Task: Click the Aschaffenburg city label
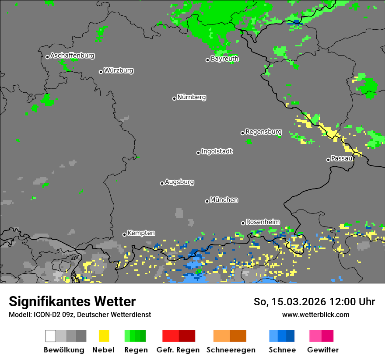(x=72, y=56)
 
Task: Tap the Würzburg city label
(x=119, y=71)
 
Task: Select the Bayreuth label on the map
(x=224, y=59)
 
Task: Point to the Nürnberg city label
(x=192, y=98)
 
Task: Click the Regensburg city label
(x=263, y=132)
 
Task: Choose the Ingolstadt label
(x=217, y=152)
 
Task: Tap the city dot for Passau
(x=328, y=160)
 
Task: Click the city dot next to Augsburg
(x=162, y=183)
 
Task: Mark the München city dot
(x=207, y=201)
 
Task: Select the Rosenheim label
(x=262, y=222)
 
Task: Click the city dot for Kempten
(x=124, y=234)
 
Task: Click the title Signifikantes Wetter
(x=72, y=302)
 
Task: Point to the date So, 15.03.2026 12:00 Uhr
(x=314, y=302)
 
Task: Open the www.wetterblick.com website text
(x=315, y=315)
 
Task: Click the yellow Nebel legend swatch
(x=104, y=336)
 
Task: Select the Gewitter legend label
(x=323, y=350)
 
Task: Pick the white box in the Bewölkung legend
(x=51, y=336)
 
